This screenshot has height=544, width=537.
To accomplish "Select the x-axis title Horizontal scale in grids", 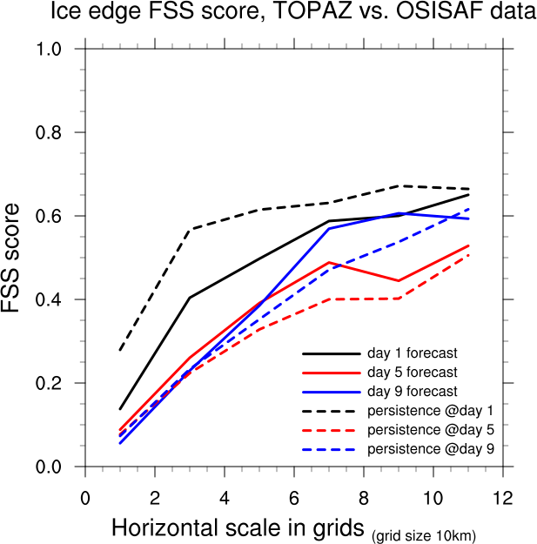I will tap(238, 527).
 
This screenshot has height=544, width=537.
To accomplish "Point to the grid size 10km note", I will tap(424, 534).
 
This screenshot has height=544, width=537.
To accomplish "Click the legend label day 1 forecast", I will tap(413, 353).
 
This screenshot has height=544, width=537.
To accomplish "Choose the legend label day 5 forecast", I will tap(413, 373).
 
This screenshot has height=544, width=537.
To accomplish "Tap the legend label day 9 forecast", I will tap(413, 392).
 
